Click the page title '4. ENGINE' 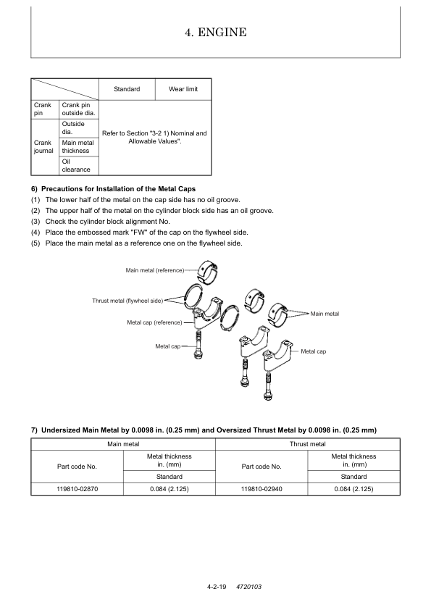point(216,32)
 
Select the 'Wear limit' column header point(183,89)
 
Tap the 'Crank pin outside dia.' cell point(78,109)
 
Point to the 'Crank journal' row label point(43,146)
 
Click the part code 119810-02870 point(77,489)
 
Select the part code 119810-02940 point(261,489)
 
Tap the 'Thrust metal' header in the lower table point(308,444)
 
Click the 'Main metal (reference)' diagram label point(155,270)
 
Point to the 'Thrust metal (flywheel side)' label point(127,301)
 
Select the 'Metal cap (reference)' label point(154,322)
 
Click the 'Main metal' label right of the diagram point(325,314)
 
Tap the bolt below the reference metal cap point(198,345)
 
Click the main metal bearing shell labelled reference point(206,271)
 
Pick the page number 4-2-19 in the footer point(217,587)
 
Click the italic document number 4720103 point(249,587)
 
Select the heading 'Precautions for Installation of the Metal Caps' point(118,189)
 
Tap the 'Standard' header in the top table point(127,89)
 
